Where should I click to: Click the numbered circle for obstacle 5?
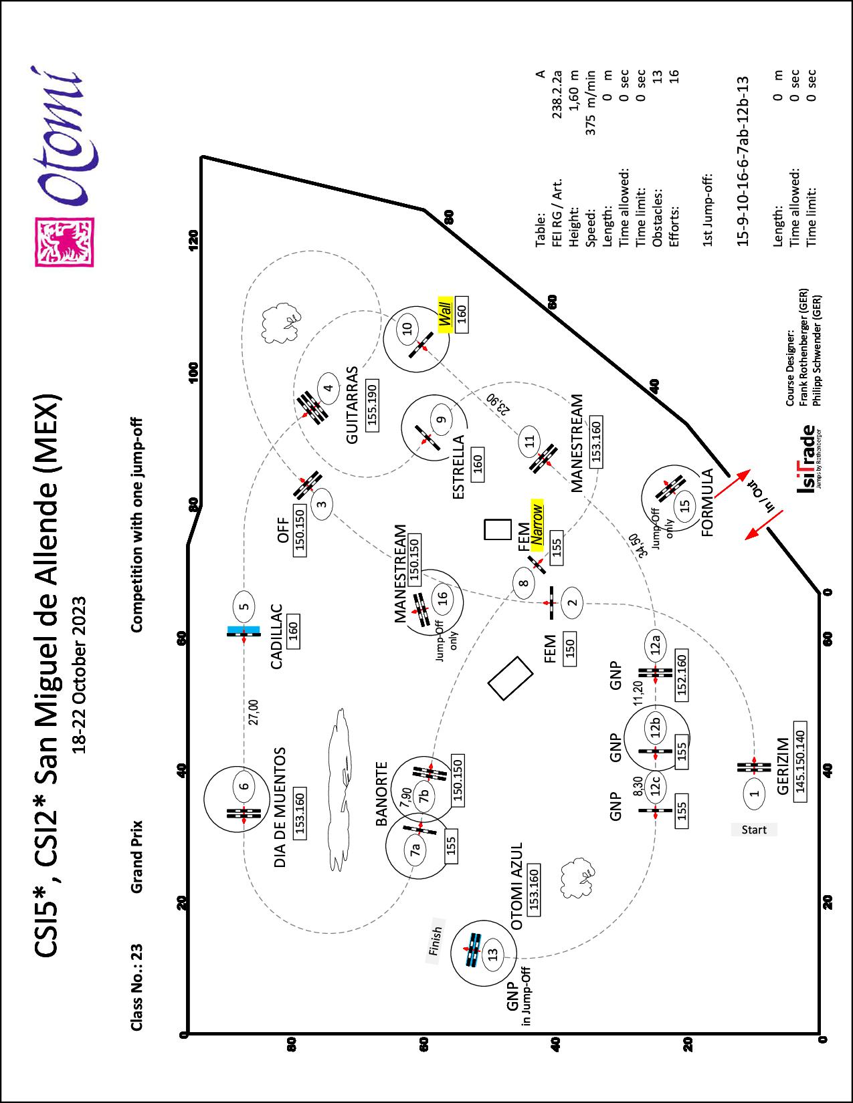tap(245, 607)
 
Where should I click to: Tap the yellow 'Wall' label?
tap(445, 314)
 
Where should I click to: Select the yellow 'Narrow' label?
tap(535, 522)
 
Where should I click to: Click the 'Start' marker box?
tap(754, 830)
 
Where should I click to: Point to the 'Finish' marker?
tap(436, 940)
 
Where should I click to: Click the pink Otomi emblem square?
tap(65, 242)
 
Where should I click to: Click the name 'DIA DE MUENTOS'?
tap(280, 808)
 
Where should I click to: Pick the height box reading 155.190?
tap(373, 405)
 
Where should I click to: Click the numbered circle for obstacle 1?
tap(755, 792)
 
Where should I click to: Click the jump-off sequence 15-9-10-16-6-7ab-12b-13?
tap(743, 160)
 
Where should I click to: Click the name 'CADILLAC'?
tap(276, 637)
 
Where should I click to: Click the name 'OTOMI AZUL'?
tap(516, 886)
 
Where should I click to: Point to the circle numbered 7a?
tap(415, 850)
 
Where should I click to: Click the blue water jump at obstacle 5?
tap(244, 629)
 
